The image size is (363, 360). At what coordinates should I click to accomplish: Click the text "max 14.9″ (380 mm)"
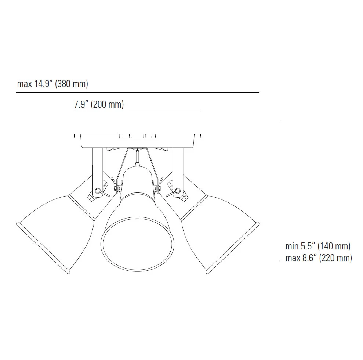coord(52,84)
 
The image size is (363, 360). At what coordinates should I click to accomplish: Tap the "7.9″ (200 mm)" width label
coord(99,104)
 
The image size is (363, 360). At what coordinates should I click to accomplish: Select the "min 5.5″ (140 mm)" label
coord(318,246)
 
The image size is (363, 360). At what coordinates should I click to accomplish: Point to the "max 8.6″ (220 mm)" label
coord(319,258)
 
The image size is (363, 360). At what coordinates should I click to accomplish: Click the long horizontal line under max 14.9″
coord(138,92)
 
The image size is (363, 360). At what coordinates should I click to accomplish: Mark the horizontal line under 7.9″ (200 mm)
coord(137,110)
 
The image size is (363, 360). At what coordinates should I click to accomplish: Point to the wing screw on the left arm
coord(99,191)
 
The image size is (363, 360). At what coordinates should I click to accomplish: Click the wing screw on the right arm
coord(177,191)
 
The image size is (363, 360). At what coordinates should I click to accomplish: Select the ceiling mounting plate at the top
coord(138,140)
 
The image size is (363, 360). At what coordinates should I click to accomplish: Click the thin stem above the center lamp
coord(137,157)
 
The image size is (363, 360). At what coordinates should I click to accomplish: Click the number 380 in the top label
coord(65,84)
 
